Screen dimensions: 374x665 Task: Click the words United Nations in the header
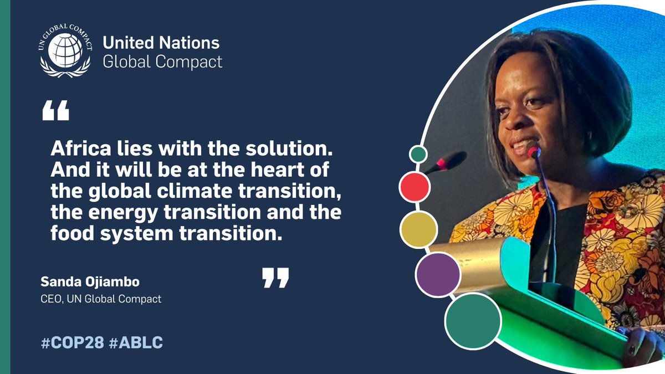click(x=161, y=43)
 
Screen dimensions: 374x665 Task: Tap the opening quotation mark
click(x=55, y=111)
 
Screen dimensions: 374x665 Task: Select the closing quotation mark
click(x=275, y=278)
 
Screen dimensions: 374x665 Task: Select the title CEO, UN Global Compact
click(x=101, y=299)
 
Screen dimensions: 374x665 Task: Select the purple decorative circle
click(x=438, y=274)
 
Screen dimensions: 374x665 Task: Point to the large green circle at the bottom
click(x=473, y=321)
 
